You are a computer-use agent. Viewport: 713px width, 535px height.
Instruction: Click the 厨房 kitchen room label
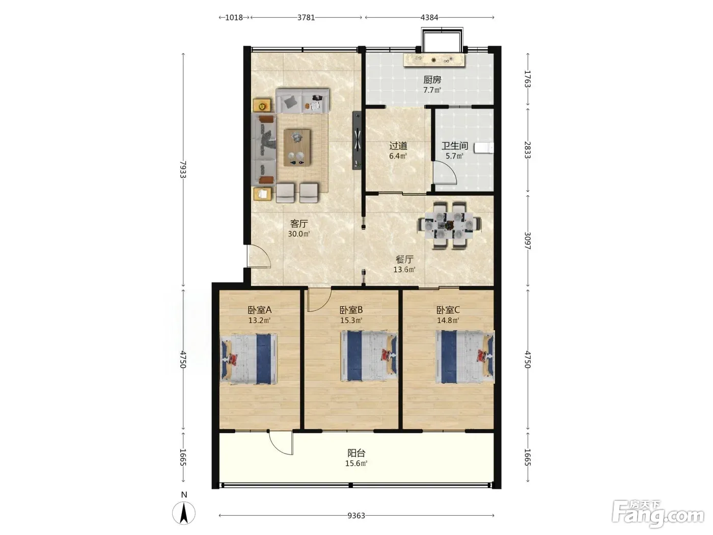coord(432,79)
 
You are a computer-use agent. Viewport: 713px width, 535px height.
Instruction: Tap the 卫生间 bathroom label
coord(454,146)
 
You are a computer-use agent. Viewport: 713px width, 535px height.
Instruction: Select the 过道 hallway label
coord(398,146)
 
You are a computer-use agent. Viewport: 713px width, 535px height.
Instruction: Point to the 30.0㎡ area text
coord(299,234)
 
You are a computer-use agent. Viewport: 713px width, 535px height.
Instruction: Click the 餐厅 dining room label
coord(404,259)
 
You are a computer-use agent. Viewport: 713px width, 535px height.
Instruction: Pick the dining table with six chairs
coord(449,225)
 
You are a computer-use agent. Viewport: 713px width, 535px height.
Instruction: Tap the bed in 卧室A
coord(249,359)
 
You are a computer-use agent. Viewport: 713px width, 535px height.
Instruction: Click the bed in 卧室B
coord(369,356)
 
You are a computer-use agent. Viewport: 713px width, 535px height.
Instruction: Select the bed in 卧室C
coord(465,357)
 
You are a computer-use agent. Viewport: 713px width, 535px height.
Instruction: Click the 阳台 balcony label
coord(356,453)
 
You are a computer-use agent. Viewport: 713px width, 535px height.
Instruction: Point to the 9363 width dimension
coord(356,516)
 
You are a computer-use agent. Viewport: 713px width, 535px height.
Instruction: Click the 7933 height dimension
coord(183,169)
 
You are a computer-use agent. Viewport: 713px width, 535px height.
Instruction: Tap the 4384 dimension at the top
coord(429,17)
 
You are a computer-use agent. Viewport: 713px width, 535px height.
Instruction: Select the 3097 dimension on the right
coord(528,240)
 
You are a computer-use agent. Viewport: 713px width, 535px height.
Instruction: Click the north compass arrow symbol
coord(184,513)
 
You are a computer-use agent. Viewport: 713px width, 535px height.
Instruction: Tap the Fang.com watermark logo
coord(659,514)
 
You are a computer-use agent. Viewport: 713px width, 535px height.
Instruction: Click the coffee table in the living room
coord(297,148)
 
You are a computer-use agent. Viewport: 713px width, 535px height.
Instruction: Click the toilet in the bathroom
coord(484,148)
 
